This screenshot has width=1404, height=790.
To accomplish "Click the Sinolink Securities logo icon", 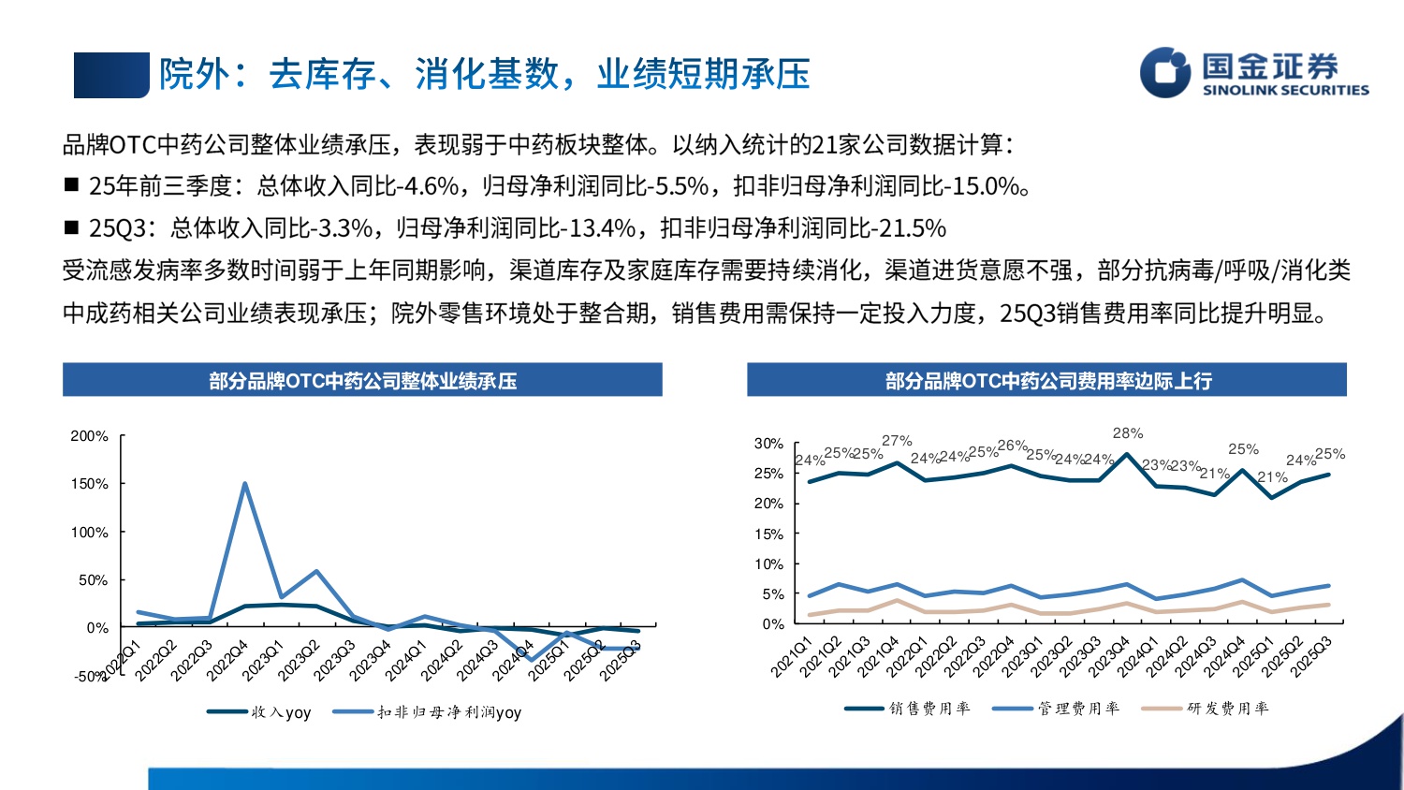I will click(x=1163, y=73).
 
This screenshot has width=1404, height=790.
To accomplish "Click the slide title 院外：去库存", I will click(x=483, y=74).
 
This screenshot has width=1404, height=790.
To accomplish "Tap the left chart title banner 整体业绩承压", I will click(x=362, y=381).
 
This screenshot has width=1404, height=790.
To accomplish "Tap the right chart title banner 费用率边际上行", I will click(x=1047, y=381).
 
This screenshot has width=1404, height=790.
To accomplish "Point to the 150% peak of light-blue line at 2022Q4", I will click(x=245, y=484).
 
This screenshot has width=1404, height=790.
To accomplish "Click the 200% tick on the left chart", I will click(x=90, y=436).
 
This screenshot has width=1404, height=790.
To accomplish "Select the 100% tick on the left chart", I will click(x=90, y=533).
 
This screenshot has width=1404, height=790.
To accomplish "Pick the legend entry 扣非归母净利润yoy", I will click(x=448, y=712).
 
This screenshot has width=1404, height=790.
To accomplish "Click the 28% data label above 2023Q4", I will click(x=1127, y=433).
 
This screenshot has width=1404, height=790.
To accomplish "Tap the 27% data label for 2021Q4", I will click(x=897, y=441).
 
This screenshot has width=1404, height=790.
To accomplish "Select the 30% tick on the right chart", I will click(x=768, y=444).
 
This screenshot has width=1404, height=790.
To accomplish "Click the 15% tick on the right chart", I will click(x=768, y=534).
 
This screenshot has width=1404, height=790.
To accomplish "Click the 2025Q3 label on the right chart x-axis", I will click(x=1312, y=656).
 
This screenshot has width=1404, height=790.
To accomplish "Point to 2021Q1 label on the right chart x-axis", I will click(x=792, y=656).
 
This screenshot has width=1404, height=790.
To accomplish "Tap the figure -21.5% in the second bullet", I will click(x=909, y=228).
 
